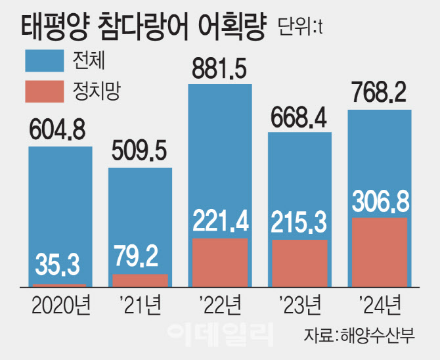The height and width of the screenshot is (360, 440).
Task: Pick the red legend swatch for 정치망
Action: [45, 92]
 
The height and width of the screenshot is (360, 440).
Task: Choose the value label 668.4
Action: [300, 119]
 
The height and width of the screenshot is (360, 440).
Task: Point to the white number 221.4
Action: [220, 223]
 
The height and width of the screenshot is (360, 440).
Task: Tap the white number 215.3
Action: [300, 224]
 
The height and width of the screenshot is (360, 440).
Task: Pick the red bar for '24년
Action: [380, 253]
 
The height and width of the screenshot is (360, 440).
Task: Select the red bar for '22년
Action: [220, 263]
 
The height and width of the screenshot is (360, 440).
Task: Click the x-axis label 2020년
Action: [60, 307]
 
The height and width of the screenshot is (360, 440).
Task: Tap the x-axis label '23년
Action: [299, 307]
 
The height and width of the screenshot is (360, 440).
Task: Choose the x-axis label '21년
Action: [139, 307]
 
